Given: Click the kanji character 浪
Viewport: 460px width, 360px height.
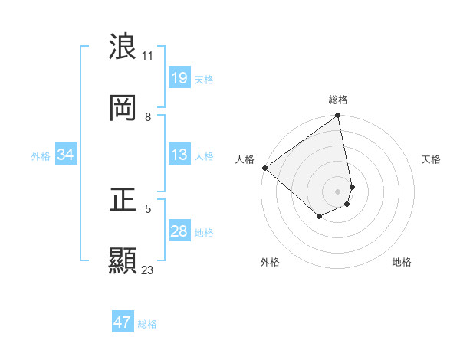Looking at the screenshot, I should (123, 47).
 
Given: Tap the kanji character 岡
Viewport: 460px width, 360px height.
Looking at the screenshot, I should (123, 108).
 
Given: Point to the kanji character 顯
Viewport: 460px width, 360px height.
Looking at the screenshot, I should (123, 261).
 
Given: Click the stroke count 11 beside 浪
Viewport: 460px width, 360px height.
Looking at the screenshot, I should (148, 55).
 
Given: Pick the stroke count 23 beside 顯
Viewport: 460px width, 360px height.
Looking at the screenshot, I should (148, 270).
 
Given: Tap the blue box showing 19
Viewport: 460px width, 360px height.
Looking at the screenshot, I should (179, 78).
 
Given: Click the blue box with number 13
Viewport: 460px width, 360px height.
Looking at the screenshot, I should (179, 155).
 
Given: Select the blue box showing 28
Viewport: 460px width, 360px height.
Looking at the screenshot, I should (179, 231).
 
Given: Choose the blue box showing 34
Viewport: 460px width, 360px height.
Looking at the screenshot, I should (66, 155).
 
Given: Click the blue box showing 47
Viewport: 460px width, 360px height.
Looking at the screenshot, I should (123, 322).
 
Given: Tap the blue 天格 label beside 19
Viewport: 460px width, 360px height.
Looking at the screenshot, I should (204, 79).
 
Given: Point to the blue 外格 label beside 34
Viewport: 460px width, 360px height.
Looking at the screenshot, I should (41, 155).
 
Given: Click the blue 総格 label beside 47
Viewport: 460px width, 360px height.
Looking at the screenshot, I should (147, 323).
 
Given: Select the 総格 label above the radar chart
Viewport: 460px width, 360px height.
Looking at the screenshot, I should (338, 100).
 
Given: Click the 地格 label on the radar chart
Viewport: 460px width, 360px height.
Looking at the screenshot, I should (402, 262).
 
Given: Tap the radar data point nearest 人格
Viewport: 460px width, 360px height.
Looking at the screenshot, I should (264, 168).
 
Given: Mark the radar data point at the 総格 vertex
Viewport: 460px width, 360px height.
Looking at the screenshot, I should (338, 116).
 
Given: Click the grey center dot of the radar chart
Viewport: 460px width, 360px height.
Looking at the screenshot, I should (338, 191).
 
